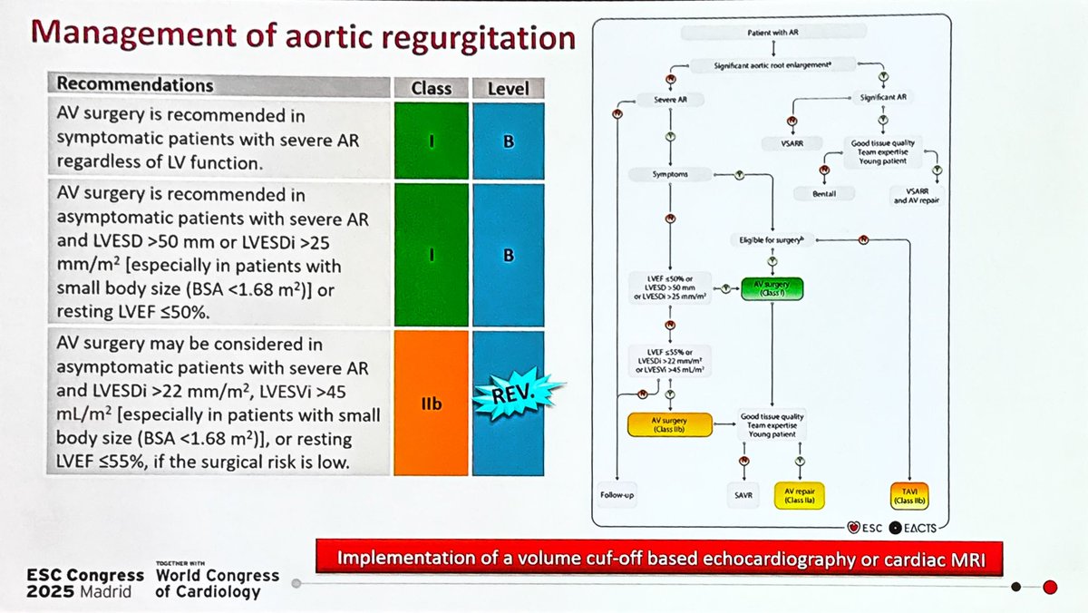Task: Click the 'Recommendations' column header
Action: (x=136, y=85)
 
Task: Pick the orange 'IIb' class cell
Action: (x=431, y=403)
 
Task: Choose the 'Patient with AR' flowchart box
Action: (x=772, y=33)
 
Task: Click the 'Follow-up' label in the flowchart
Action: (x=617, y=495)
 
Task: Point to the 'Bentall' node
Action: (x=823, y=195)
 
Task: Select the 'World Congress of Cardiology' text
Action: (x=216, y=583)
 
